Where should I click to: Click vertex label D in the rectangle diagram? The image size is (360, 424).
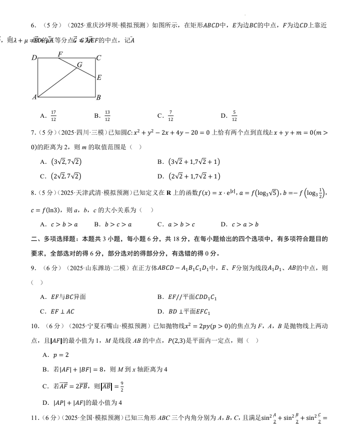[x=34, y=58]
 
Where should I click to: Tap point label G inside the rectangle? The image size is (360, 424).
[x=79, y=65]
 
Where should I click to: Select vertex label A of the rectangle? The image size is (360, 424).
[x=34, y=97]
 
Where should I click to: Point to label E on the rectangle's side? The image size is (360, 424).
[x=99, y=77]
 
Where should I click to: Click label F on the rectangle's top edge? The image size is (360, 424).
[x=60, y=54]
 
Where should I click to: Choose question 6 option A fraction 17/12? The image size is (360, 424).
[x=53, y=116]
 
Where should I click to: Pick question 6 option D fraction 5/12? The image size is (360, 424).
[x=234, y=116]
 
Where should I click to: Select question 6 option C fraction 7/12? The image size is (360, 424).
[x=170, y=116]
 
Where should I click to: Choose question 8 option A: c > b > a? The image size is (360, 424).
[x=64, y=224]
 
